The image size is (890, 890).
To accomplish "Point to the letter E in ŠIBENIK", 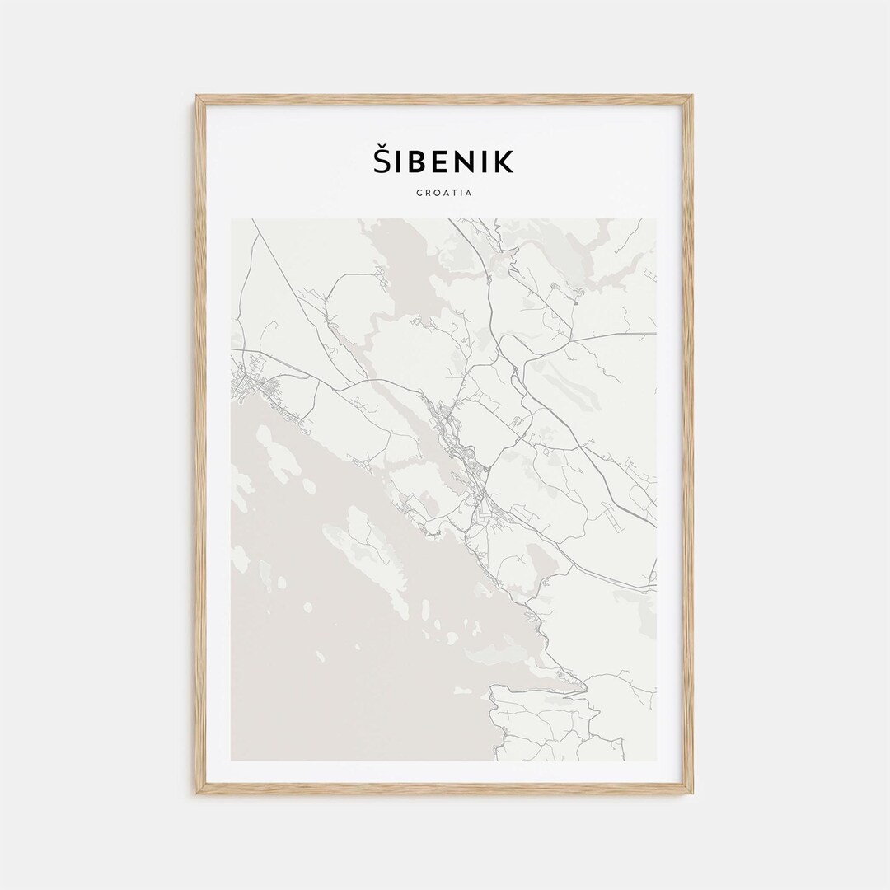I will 442,162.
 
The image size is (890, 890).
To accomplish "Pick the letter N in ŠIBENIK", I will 467,162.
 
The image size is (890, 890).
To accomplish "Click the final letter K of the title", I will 504,162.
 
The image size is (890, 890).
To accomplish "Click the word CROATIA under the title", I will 444,193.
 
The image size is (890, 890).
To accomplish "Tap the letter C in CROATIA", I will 420,193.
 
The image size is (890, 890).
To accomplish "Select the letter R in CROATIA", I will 429,193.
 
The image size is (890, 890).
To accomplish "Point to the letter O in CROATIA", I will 437,193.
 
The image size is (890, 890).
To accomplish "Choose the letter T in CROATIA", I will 454,193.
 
